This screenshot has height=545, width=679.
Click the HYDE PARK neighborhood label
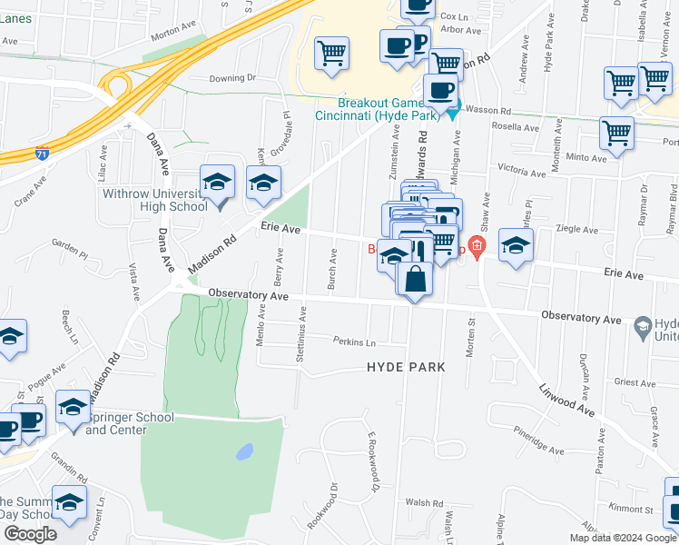pos(406,367)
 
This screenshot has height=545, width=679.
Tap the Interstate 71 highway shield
pos(43,154)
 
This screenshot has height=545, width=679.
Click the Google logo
pos(30,534)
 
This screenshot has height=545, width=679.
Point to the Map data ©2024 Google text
pos(622,538)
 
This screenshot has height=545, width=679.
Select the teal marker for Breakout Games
pos(452,108)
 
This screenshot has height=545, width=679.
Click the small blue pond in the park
pos(243,451)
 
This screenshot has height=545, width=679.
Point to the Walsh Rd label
pos(424,502)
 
